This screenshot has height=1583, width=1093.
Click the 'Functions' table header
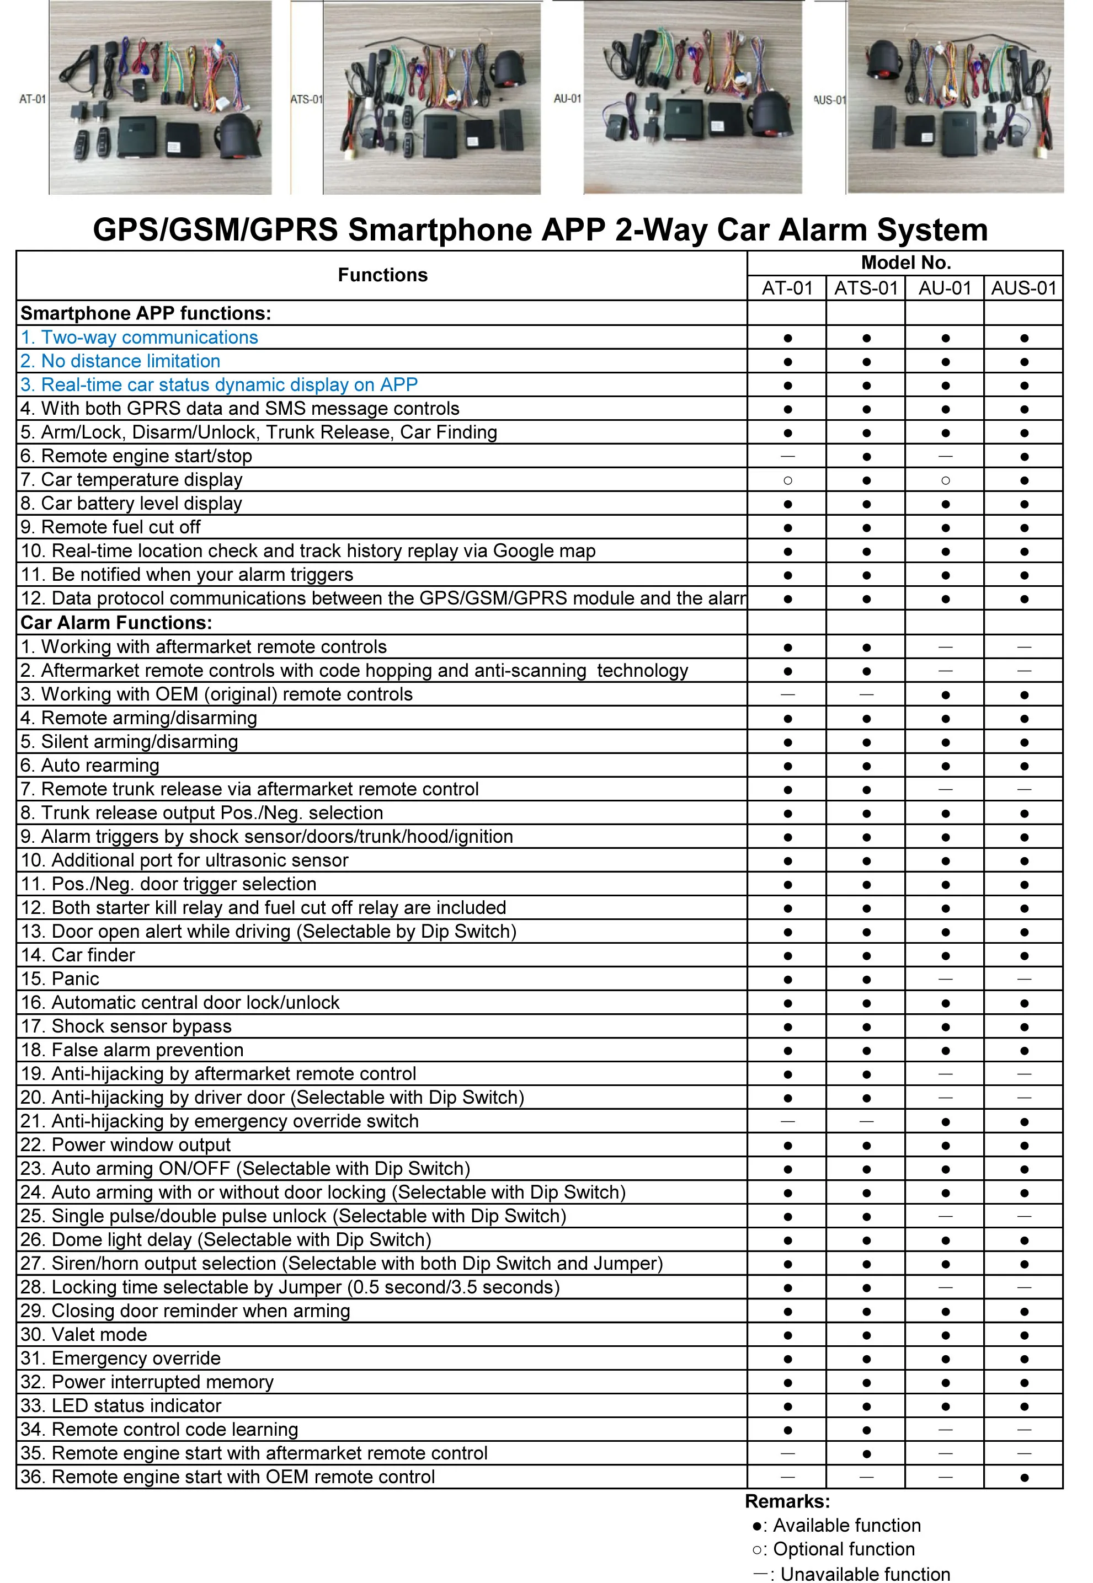[382, 275]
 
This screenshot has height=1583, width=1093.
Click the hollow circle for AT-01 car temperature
[787, 480]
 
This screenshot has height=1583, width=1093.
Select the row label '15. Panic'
[60, 979]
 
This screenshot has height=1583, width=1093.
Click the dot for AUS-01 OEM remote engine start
[1024, 1478]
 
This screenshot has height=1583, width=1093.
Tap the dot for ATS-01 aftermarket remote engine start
[866, 1453]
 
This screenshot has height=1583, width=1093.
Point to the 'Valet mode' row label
[83, 1334]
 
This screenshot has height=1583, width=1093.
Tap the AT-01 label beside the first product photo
[32, 99]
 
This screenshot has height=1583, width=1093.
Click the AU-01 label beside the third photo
[567, 99]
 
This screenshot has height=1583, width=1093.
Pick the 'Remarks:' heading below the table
[787, 1501]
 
